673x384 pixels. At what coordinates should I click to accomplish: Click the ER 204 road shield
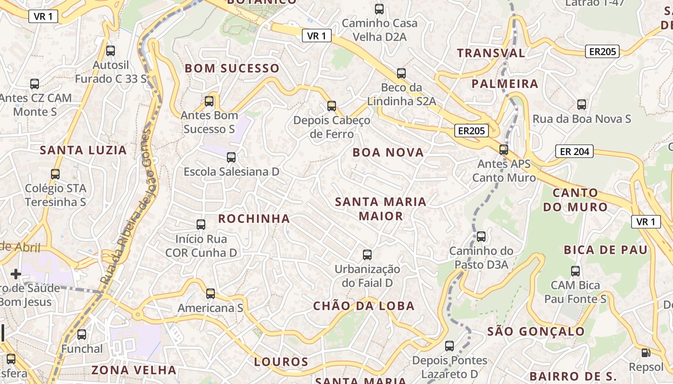point(574,152)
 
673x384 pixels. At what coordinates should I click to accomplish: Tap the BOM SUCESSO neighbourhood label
point(232,69)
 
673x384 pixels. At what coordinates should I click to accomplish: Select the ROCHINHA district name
point(254,219)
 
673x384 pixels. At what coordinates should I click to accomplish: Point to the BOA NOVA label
point(388,153)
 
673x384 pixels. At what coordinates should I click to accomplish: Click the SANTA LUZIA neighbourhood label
point(83,150)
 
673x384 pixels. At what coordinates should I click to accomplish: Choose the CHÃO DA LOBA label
point(364,306)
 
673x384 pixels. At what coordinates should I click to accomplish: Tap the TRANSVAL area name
point(491,53)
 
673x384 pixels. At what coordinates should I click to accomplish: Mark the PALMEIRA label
point(505,84)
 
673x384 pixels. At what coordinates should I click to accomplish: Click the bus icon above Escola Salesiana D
point(231,157)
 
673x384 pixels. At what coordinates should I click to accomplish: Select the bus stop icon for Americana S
point(211,294)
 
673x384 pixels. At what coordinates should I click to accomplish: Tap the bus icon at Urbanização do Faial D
point(367,255)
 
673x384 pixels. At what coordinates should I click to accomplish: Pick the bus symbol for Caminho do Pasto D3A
point(481,237)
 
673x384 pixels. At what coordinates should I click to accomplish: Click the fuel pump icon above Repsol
point(646,353)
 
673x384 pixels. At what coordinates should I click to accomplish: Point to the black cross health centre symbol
point(16,274)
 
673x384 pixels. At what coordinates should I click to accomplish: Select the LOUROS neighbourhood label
point(281,362)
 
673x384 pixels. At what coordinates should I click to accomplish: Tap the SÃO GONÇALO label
point(536,332)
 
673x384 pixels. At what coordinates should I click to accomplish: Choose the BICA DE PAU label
point(606,250)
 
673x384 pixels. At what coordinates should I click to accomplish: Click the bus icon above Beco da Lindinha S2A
point(401,73)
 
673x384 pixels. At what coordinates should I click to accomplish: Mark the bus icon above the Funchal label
point(82,335)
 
